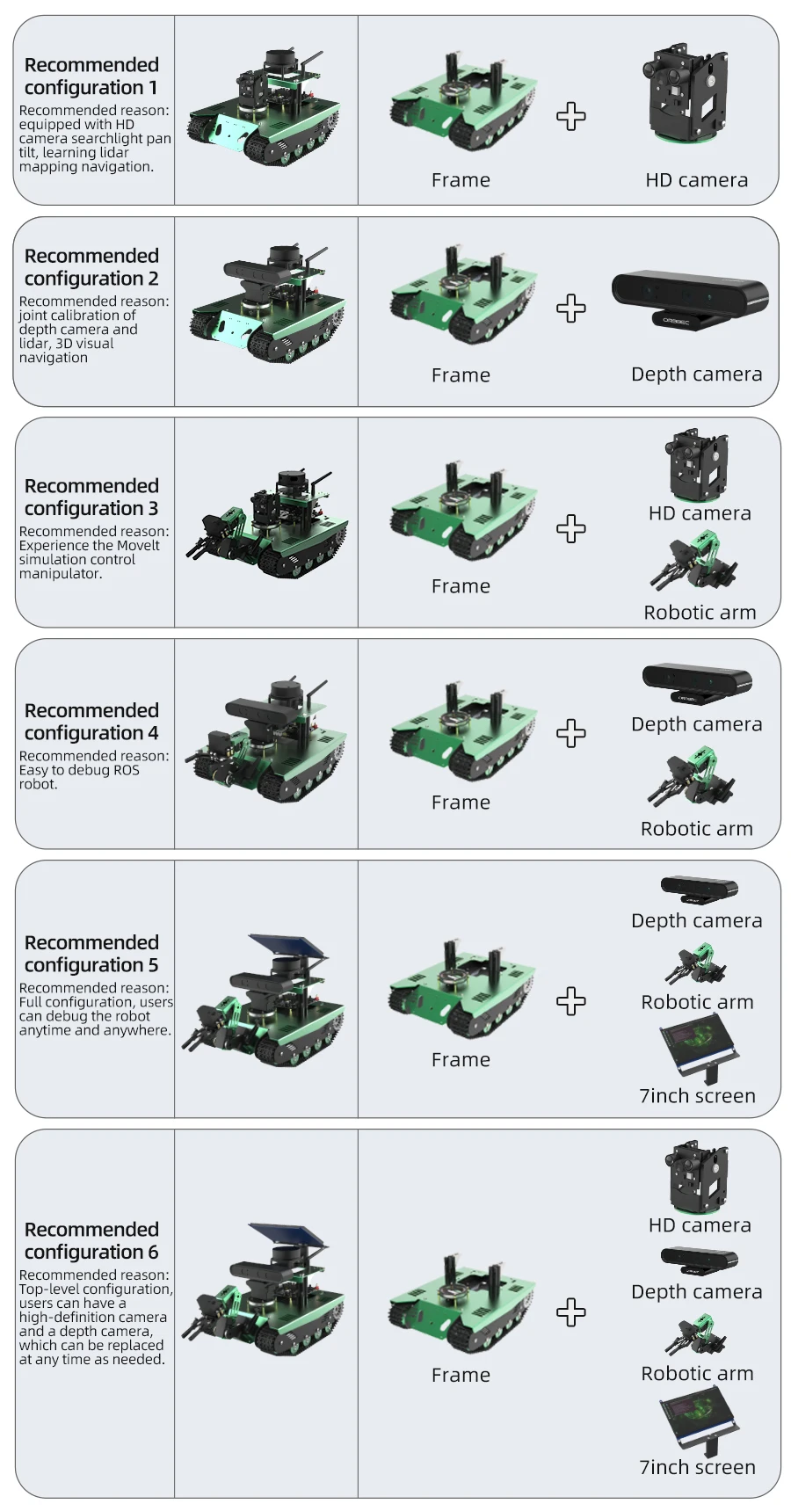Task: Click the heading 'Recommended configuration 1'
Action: click(x=91, y=76)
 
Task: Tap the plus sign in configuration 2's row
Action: click(x=571, y=309)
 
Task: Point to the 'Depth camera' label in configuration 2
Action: click(x=696, y=374)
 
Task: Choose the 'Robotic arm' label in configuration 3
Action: click(x=700, y=613)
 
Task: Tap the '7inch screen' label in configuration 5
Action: click(x=697, y=1096)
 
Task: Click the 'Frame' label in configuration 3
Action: click(x=461, y=586)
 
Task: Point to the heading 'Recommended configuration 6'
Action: click(x=91, y=1240)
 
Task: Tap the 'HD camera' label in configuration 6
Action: click(x=700, y=1225)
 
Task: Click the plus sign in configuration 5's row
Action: click(x=571, y=1001)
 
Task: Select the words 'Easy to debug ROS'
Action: click(x=79, y=770)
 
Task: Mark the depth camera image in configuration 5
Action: click(x=699, y=890)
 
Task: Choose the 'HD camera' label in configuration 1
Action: click(x=696, y=180)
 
